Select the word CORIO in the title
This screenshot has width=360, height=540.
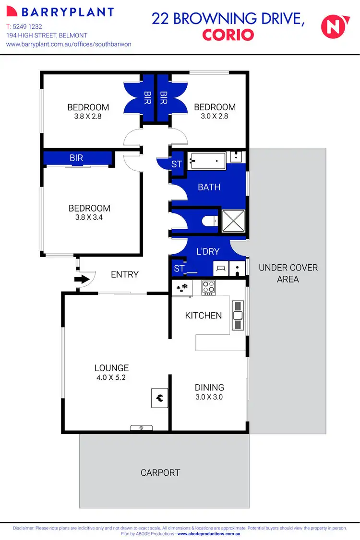point(228,35)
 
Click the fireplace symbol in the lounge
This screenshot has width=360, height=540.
point(160,398)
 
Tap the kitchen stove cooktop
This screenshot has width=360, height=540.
point(208,287)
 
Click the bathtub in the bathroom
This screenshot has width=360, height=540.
point(207,160)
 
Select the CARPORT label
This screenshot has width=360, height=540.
point(160,473)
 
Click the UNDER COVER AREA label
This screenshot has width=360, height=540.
point(288,273)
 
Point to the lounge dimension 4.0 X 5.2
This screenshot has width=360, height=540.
point(111,378)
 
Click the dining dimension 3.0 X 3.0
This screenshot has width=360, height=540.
point(209,397)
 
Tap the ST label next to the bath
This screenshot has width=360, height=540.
point(177,164)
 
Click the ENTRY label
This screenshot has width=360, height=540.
point(125,274)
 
